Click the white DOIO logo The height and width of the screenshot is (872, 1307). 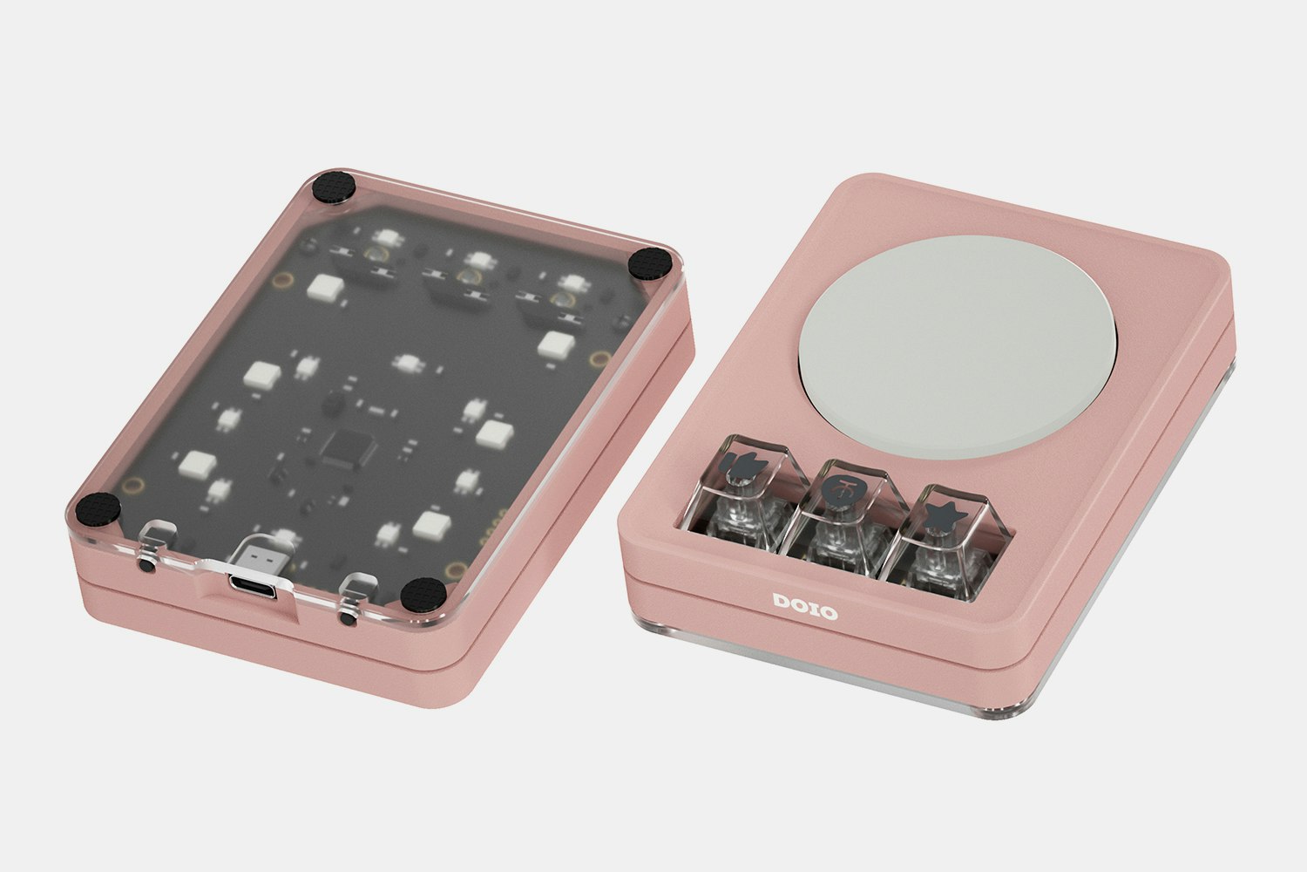pyautogui.click(x=804, y=607)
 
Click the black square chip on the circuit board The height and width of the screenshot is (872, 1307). pyautogui.click(x=340, y=449)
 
